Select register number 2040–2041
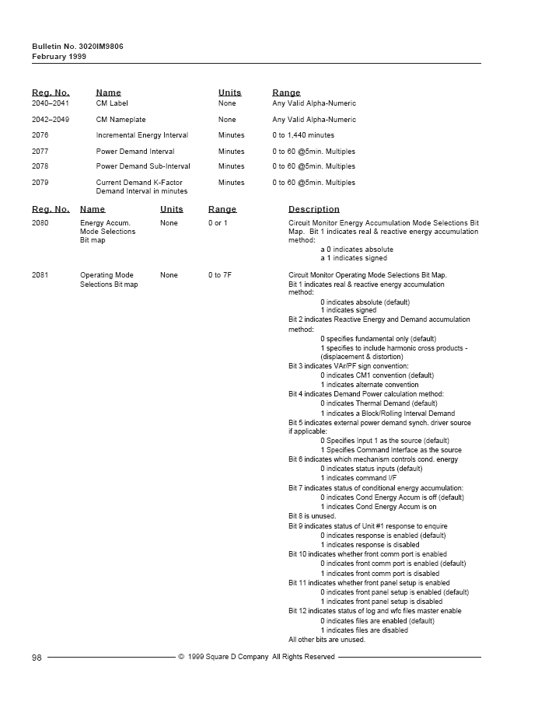(x=51, y=103)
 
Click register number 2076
(x=40, y=135)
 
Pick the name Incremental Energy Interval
(x=141, y=135)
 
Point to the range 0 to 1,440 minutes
(x=303, y=135)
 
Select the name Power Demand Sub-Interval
(x=142, y=166)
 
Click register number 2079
(x=40, y=183)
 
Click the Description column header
(x=313, y=209)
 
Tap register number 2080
(x=40, y=223)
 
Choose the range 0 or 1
(x=218, y=223)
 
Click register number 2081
(x=40, y=275)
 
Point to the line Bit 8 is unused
(x=312, y=516)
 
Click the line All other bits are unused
(x=327, y=640)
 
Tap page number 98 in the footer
(x=37, y=658)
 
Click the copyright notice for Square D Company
(x=257, y=658)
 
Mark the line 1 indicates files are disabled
(x=364, y=630)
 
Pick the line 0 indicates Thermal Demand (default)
(x=379, y=403)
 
